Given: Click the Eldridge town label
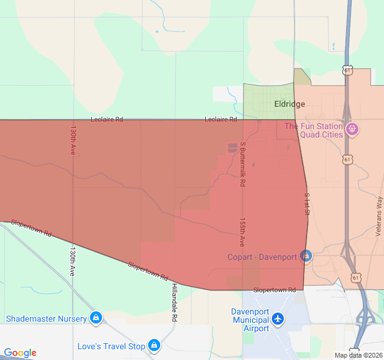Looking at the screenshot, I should (289, 104).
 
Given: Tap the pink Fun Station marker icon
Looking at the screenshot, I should (352, 128).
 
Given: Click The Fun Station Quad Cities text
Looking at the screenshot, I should (313, 130).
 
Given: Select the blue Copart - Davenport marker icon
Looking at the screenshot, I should (306, 256).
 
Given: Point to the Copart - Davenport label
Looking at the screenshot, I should (262, 257).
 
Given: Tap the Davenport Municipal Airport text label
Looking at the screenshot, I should (251, 320).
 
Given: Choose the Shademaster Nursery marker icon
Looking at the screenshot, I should (95, 317).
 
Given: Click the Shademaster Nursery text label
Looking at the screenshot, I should (46, 319).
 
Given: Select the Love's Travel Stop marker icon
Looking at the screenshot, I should (154, 345).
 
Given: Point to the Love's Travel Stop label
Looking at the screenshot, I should (111, 346).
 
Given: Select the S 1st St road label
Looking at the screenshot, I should (307, 204).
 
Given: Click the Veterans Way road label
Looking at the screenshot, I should (379, 214).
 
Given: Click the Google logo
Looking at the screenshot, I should (20, 353).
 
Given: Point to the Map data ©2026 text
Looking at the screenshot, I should (358, 355).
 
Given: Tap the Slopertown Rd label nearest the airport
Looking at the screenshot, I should (275, 290).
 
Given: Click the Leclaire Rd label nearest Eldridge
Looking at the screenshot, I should (221, 119).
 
